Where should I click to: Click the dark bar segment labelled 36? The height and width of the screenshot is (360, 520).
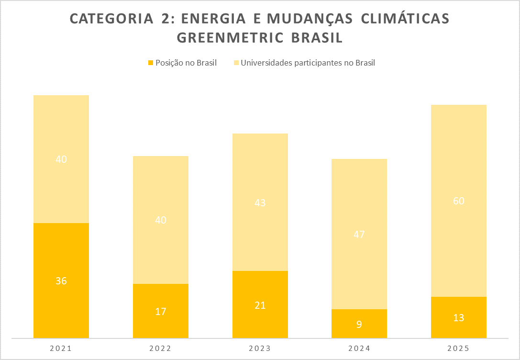click(61, 281)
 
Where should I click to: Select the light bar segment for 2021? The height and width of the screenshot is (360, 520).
click(61, 159)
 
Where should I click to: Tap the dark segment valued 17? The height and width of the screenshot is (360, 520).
click(161, 311)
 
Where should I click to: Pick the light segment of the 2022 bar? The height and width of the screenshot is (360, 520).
click(161, 220)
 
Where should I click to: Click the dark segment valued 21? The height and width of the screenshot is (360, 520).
click(260, 304)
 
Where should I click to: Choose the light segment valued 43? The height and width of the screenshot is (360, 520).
click(260, 202)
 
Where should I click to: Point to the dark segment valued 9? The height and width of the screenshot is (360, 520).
click(359, 324)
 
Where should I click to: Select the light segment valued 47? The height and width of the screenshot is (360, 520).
click(359, 234)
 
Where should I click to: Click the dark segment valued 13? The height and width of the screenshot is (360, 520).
click(459, 317)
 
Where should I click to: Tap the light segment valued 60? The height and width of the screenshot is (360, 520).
click(459, 201)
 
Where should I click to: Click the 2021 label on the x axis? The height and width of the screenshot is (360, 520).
click(61, 349)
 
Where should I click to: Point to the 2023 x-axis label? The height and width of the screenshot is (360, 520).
click(260, 349)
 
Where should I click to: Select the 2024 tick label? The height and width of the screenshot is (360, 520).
click(359, 349)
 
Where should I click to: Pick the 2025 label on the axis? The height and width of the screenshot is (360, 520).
click(459, 349)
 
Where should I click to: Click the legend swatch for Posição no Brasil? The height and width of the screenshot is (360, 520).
click(151, 63)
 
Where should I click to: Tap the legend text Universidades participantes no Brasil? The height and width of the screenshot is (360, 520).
click(308, 63)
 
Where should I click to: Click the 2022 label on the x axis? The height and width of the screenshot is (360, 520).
click(161, 349)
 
